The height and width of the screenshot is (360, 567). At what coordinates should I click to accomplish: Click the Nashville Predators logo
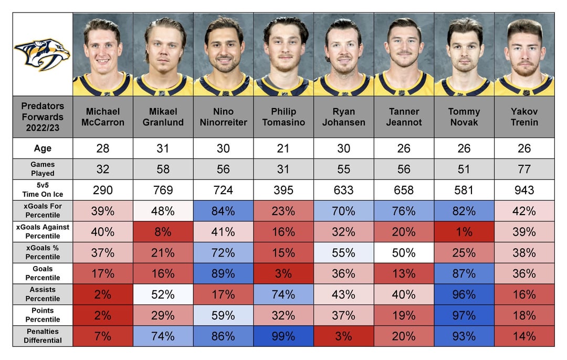tap(42, 54)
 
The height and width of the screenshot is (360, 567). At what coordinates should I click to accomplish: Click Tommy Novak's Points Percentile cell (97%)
tap(464, 315)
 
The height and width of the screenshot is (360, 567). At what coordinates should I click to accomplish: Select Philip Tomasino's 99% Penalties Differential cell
tap(283, 336)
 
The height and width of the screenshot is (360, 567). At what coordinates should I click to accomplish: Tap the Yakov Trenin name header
tap(524, 117)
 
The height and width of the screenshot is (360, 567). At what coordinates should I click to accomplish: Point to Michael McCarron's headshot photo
tap(103, 54)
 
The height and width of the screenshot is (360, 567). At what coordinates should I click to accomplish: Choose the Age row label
tap(43, 149)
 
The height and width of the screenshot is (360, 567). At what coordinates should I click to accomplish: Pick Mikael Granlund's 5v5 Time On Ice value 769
tap(163, 190)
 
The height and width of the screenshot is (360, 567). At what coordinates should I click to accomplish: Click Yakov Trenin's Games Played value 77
tap(524, 169)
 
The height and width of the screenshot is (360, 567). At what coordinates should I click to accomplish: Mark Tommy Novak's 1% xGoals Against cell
tap(464, 232)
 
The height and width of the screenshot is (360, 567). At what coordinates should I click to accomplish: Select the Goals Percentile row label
tap(43, 273)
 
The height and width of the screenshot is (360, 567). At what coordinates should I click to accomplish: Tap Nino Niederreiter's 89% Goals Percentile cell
tap(223, 273)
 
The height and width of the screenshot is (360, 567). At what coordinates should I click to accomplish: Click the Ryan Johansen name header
tap(343, 117)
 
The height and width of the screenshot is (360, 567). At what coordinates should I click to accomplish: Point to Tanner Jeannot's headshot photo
tap(404, 54)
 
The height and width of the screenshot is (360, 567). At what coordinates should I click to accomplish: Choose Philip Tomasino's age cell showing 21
tap(283, 149)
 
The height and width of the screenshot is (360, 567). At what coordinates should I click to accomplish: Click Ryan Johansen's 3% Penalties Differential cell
tap(343, 336)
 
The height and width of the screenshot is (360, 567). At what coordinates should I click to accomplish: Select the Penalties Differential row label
tap(43, 336)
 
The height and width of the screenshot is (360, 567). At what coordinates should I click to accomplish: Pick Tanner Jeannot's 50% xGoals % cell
tap(404, 252)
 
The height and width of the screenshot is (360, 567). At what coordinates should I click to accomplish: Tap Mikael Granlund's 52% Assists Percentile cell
tap(163, 294)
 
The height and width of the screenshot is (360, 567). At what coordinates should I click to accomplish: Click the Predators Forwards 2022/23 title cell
tap(43, 117)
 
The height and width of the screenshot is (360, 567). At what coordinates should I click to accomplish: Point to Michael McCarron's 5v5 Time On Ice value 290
tap(103, 190)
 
